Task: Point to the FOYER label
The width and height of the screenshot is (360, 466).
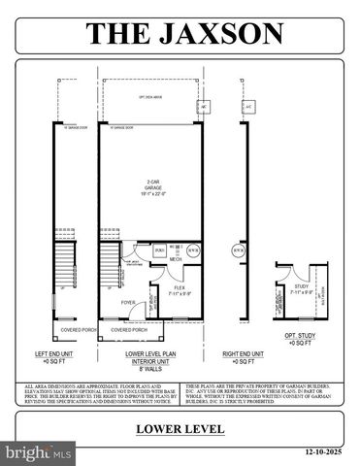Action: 128,302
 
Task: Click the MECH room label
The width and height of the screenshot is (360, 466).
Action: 175,260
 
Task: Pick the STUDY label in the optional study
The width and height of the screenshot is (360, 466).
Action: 302,286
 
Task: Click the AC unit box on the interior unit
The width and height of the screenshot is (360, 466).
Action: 205,106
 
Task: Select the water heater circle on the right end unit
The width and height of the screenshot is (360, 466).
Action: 238,250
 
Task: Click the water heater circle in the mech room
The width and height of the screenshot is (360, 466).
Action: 194,250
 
